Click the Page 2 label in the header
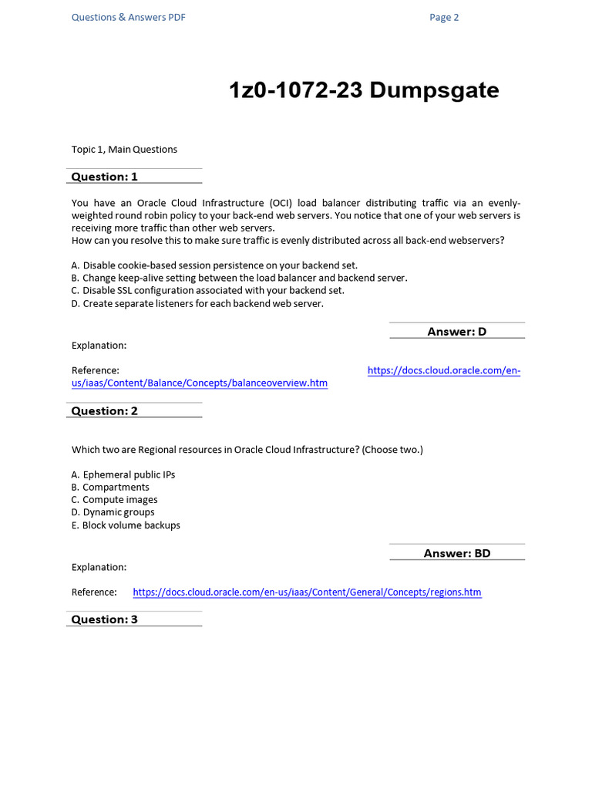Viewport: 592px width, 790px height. [444, 18]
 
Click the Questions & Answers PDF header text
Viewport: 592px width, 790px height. [128, 18]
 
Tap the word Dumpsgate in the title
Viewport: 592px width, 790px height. [434, 91]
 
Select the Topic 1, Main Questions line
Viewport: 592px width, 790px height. [124, 149]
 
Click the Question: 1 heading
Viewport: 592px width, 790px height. [105, 177]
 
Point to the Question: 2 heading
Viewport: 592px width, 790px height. [105, 411]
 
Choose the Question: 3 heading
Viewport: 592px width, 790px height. [105, 620]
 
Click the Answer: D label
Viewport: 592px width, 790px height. [457, 332]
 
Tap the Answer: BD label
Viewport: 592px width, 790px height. [457, 553]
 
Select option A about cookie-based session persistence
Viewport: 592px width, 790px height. [214, 265]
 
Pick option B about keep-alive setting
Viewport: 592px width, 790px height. [239, 278]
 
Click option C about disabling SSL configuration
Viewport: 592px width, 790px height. [208, 290]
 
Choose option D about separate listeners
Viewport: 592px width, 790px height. [197, 303]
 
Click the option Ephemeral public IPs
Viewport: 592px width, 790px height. [123, 474]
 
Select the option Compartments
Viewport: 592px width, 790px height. [110, 487]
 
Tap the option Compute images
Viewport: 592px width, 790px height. [114, 500]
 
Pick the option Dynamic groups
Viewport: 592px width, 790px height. [113, 512]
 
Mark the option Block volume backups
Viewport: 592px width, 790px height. [126, 525]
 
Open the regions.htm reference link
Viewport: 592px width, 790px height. [307, 592]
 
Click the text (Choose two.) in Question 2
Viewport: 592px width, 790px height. [392, 450]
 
